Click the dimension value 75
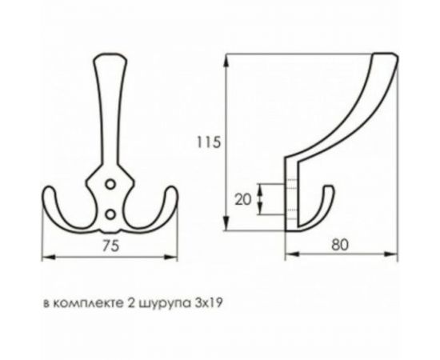tap(110, 246)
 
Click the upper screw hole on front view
tap(110, 184)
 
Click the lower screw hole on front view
tap(110, 213)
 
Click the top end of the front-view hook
tap(110, 58)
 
